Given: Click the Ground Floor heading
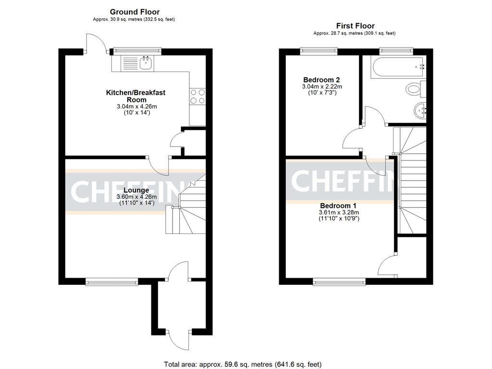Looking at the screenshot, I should pyautogui.click(x=135, y=12).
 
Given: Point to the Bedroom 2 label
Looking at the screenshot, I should pyautogui.click(x=319, y=80).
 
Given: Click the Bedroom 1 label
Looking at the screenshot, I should pyautogui.click(x=339, y=206).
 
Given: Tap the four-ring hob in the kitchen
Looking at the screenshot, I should pyautogui.click(x=197, y=97).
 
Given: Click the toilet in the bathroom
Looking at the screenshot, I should pyautogui.click(x=414, y=89).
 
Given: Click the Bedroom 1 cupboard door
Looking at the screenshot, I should pyautogui.click(x=388, y=265).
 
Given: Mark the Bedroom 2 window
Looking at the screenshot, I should pyautogui.click(x=319, y=49).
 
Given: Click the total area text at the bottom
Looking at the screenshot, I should pyautogui.click(x=243, y=364).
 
